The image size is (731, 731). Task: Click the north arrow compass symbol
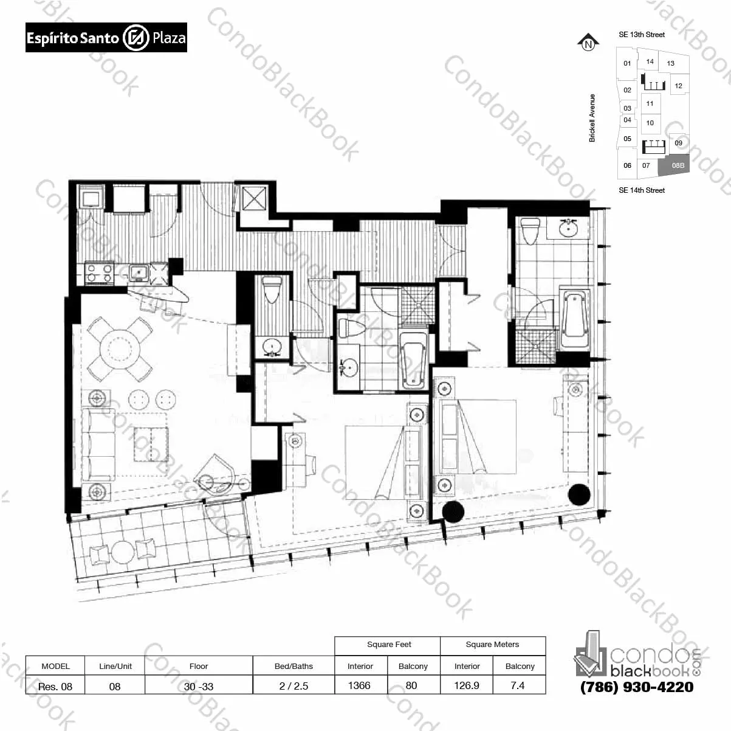588,43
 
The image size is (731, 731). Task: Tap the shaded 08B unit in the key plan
674,165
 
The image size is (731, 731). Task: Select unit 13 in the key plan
671,63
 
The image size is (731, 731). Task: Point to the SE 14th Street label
642,190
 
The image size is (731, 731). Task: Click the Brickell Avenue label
592,118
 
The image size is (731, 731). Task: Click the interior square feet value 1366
359,685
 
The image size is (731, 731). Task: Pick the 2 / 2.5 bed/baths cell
293,686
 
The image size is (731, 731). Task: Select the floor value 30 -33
199,687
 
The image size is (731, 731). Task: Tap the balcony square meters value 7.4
518,685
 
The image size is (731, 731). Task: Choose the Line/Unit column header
115,666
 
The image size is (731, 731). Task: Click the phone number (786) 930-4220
637,687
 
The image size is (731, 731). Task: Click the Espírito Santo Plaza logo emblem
136,38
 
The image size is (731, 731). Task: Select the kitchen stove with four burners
99,272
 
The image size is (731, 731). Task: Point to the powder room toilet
272,289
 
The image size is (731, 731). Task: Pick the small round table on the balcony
123,552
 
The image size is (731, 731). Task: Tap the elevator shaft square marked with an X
254,198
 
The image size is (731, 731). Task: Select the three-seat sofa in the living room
98,445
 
